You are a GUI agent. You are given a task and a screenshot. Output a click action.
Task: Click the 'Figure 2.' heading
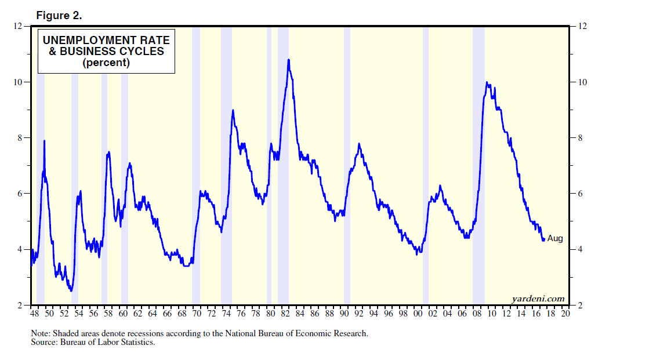pos(59,16)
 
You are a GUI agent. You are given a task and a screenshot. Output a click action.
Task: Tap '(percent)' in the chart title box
pos(106,63)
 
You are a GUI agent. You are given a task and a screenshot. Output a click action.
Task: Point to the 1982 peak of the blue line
pos(288,60)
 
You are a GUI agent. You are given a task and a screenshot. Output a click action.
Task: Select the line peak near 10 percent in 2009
pos(487,83)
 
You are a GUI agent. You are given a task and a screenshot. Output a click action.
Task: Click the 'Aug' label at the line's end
pos(555,238)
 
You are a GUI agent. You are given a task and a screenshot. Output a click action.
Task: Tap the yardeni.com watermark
pos(538,299)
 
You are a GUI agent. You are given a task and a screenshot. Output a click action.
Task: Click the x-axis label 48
pos(34,314)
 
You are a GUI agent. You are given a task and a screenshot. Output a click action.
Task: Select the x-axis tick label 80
pos(270,314)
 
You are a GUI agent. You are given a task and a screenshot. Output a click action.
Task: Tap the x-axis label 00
pos(418,314)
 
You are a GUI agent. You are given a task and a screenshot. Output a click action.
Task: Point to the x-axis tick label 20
pos(565,314)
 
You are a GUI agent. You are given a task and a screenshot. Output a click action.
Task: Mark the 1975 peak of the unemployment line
pos(233,111)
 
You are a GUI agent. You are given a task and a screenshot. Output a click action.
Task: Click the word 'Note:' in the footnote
pos(41,334)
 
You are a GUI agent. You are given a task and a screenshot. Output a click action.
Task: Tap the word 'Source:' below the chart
pos(45,343)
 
